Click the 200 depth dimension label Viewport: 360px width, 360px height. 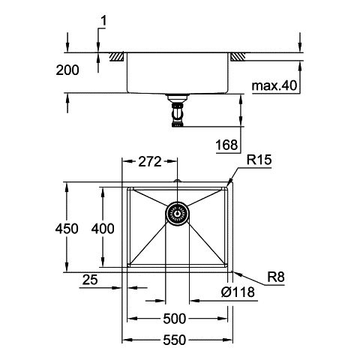[x=67, y=70]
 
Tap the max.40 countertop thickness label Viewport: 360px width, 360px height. [x=274, y=85]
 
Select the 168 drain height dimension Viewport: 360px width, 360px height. [x=227, y=145]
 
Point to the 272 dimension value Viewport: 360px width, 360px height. [x=150, y=162]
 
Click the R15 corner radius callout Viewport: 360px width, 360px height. [x=259, y=160]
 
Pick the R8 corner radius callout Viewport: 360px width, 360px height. [x=276, y=277]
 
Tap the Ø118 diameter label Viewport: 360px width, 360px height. [x=238, y=292]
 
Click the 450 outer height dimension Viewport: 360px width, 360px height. [x=67, y=229]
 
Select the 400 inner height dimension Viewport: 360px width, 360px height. [x=103, y=229]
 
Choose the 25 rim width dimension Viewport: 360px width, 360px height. [x=90, y=280]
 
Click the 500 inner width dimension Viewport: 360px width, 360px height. [x=175, y=319]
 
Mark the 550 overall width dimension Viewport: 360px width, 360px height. [x=175, y=340]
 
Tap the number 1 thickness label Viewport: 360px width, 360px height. [x=103, y=21]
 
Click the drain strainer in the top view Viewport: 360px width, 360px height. [x=177, y=214]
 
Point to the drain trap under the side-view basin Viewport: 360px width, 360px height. [x=178, y=110]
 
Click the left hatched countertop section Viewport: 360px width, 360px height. [x=117, y=57]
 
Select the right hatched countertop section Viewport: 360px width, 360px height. [x=238, y=57]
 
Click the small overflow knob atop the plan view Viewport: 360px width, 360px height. [x=177, y=181]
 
